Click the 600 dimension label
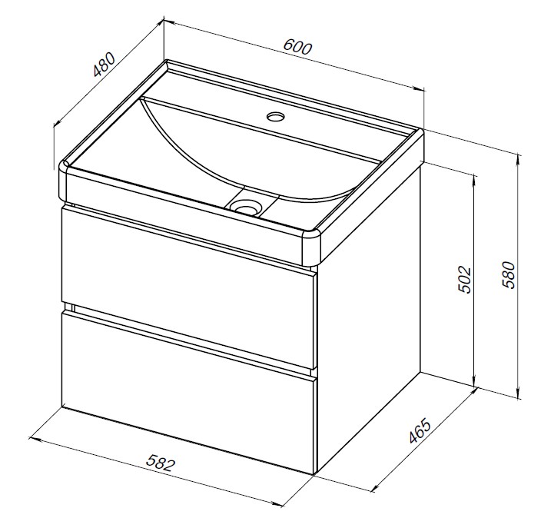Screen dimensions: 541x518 coord(297,48)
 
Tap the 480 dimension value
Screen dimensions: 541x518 coord(104,65)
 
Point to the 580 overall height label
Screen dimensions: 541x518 coord(509,275)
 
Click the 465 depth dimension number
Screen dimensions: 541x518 coord(420,430)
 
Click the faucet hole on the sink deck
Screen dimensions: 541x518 coord(276,116)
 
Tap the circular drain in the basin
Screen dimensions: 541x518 coord(246,207)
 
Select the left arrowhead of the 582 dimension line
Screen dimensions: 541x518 coord(35,440)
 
